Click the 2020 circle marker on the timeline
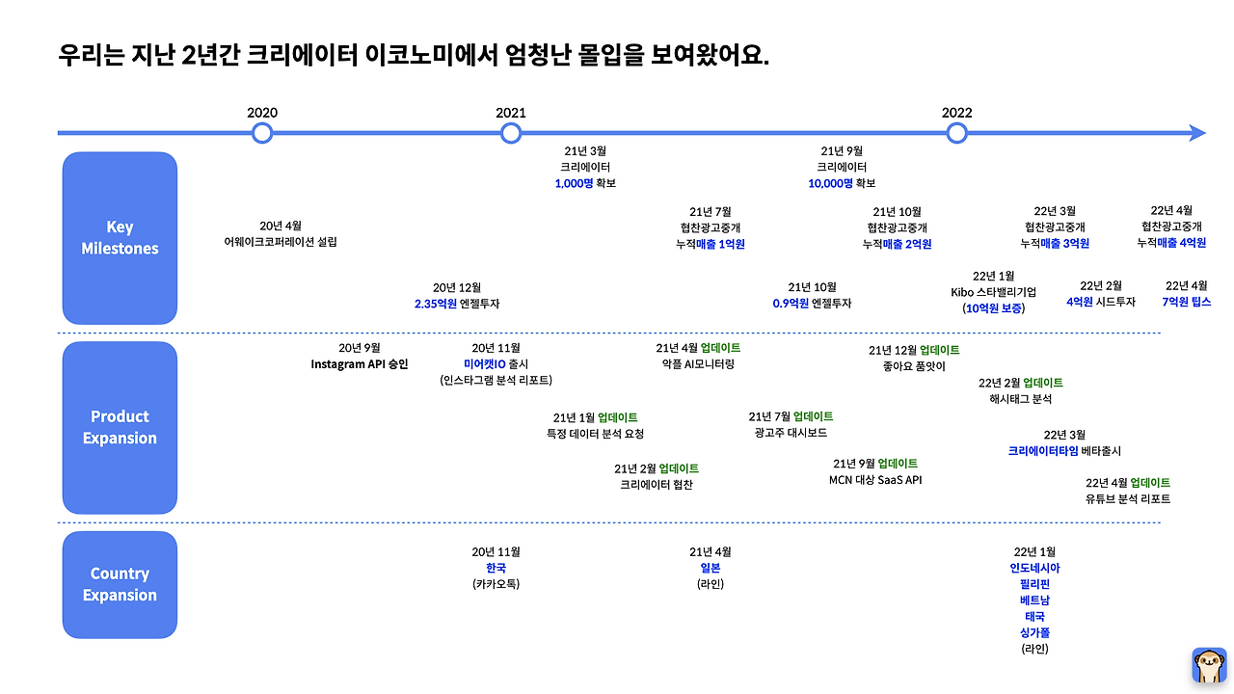(x=262, y=133)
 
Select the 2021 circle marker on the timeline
(x=511, y=133)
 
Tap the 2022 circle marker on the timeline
(x=956, y=133)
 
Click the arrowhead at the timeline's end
(x=1197, y=133)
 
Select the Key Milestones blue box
(x=120, y=238)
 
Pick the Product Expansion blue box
(x=120, y=427)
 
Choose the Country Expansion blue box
(x=120, y=584)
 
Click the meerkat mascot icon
(x=1209, y=665)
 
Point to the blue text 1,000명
(x=574, y=183)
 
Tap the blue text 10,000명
(x=830, y=183)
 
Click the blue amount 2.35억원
(x=435, y=304)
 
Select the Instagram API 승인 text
(x=360, y=364)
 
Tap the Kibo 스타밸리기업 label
(x=993, y=292)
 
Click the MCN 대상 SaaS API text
(x=875, y=480)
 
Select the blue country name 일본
(x=711, y=569)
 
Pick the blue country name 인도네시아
(x=1034, y=569)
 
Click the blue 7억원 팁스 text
(x=1186, y=302)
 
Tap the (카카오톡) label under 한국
(x=496, y=584)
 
